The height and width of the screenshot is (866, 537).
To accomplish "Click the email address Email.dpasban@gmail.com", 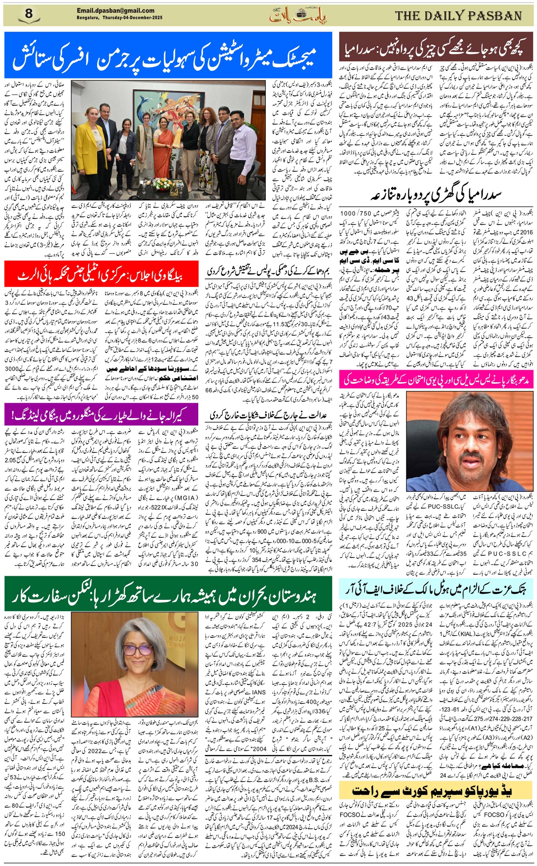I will [115, 11].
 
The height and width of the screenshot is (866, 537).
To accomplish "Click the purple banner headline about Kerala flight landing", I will [101, 415].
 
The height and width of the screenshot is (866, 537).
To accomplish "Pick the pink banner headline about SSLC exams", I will [436, 379].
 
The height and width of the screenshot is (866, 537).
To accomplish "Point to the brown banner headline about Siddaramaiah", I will [436, 49].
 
